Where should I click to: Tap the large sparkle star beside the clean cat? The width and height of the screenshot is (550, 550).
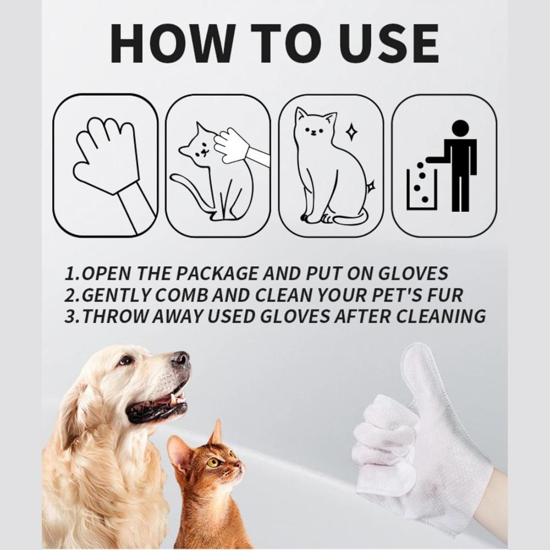coord(351,132)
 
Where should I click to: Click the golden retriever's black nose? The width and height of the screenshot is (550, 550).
coord(180,360)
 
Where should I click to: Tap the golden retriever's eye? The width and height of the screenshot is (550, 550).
coord(126,361)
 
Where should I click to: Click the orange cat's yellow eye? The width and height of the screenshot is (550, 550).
coord(213,463)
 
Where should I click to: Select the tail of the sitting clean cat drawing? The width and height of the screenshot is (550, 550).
coord(352,219)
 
